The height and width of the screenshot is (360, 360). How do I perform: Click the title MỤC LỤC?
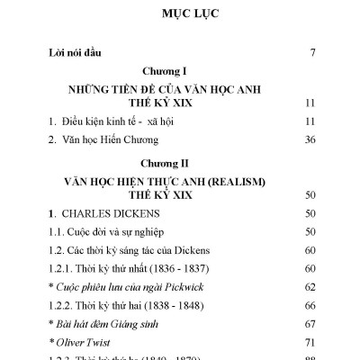(180, 15)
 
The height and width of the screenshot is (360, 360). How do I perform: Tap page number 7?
(311, 53)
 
